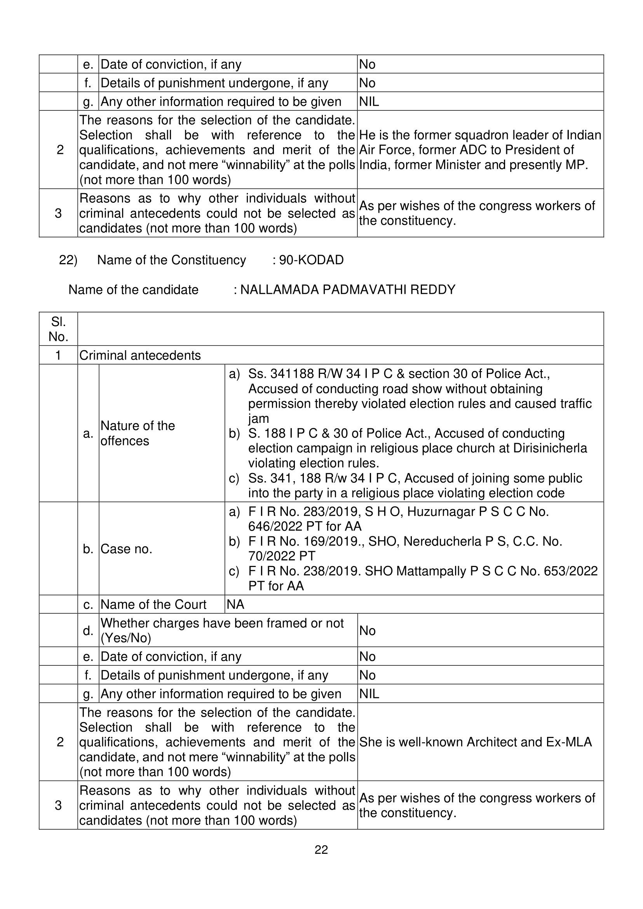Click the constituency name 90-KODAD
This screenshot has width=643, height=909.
[x=311, y=260]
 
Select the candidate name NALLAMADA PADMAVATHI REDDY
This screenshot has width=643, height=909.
[x=348, y=290]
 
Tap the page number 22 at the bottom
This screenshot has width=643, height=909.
[x=321, y=850]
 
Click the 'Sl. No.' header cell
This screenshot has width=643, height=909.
[x=58, y=329]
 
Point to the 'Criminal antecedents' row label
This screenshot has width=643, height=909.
[x=140, y=355]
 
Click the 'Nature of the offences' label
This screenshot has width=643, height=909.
[x=138, y=433]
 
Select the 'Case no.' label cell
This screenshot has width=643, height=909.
[x=126, y=549]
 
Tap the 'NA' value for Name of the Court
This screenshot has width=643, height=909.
[x=235, y=604]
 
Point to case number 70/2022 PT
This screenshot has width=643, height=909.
[x=282, y=556]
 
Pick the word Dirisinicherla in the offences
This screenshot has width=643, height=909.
[x=550, y=448]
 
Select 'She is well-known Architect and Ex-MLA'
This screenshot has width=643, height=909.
[x=475, y=742]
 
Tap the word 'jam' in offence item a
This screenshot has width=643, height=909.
[x=258, y=419]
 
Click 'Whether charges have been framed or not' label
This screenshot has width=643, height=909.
[x=222, y=623]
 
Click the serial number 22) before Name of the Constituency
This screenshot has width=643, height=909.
[x=68, y=260]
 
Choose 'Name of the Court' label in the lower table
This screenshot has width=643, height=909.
[x=153, y=604]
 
